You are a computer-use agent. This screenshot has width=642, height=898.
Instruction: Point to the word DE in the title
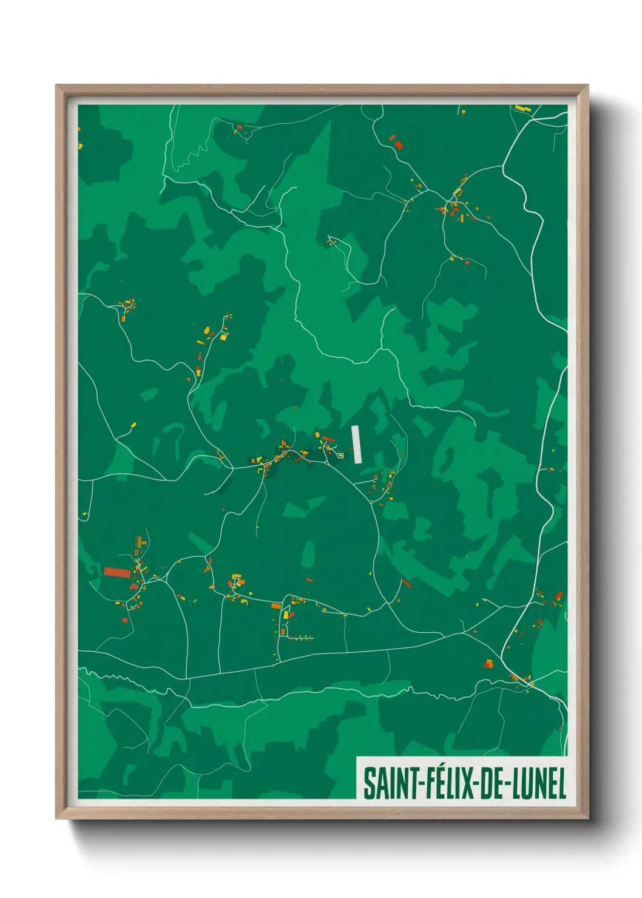[x=492, y=783]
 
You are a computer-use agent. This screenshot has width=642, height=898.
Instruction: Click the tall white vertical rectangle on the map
[x=357, y=445]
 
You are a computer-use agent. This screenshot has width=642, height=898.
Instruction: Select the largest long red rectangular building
[x=117, y=572]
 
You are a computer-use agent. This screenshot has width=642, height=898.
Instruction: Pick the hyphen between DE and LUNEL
[x=509, y=784]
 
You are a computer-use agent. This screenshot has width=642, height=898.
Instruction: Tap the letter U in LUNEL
[x=527, y=783]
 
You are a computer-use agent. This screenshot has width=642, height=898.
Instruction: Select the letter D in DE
[x=485, y=783]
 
